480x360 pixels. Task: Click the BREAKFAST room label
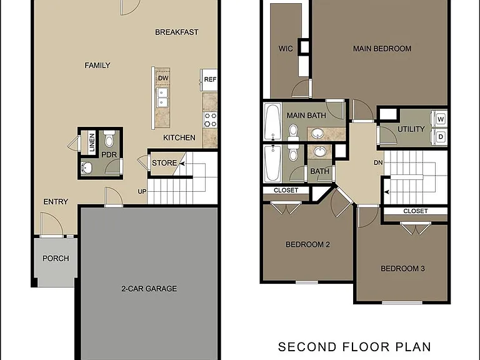coord(177,32)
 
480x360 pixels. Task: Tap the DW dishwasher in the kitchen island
coord(163,77)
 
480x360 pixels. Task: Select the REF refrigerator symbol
coord(209,79)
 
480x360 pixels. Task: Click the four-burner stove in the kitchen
coord(210,120)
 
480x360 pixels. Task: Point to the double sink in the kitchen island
coord(162,97)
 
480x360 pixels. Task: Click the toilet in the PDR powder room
coord(109,139)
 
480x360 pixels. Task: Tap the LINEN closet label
coord(91,142)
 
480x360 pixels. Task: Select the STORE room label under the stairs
coord(164,163)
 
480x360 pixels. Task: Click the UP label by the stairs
coord(142,192)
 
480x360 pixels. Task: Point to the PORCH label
coord(56,258)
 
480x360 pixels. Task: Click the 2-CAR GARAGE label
coord(149,289)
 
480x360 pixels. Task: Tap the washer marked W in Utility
coord(439,119)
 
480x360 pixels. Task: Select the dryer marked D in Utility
coord(439,137)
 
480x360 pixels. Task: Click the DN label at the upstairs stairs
coord(378,162)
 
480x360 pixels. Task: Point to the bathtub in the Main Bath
coord(272,121)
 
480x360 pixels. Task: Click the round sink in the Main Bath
coord(318,134)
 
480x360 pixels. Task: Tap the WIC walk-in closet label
coord(286,48)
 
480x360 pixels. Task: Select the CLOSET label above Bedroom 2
coord(286,191)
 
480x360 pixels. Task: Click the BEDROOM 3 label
coord(402,269)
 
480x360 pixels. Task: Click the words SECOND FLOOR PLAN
coord(354,347)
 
